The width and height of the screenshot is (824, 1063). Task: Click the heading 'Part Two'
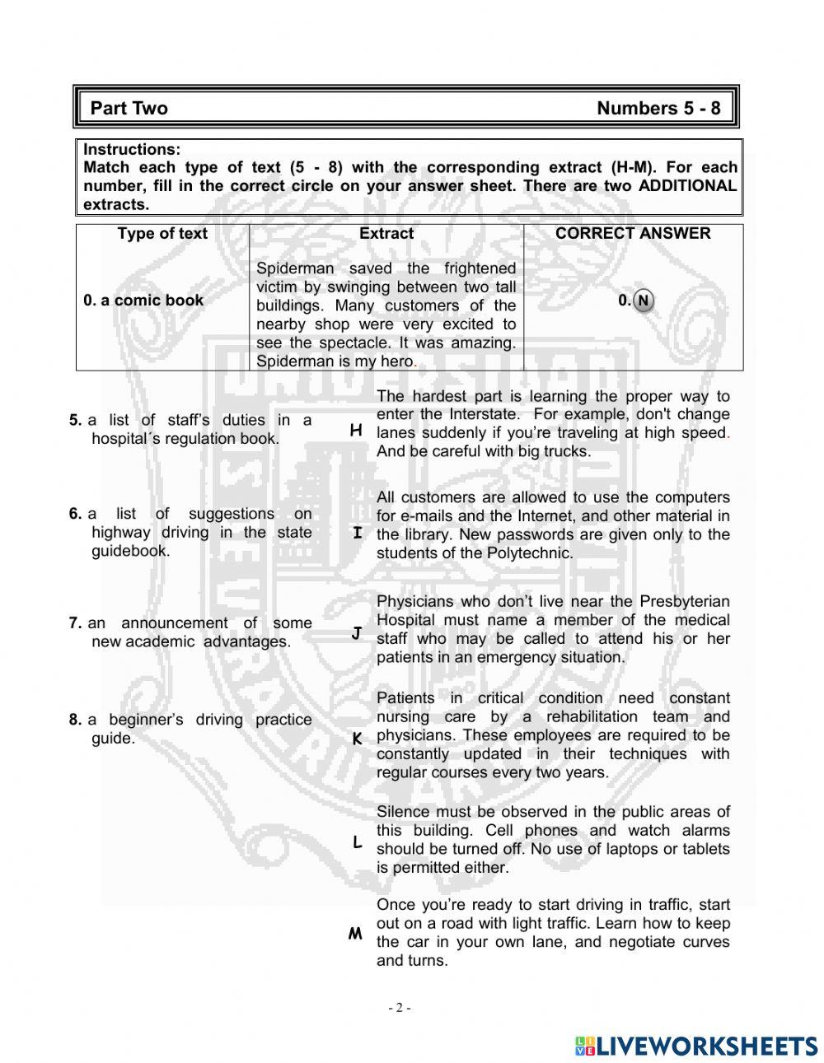click(129, 109)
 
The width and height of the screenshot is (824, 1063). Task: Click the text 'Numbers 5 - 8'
click(658, 109)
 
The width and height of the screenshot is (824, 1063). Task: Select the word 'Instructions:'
click(131, 150)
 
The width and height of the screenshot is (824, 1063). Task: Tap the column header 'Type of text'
click(162, 234)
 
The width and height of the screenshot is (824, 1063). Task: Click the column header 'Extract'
click(386, 234)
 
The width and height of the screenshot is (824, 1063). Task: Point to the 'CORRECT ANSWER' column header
click(632, 234)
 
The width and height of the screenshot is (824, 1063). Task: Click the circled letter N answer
click(644, 301)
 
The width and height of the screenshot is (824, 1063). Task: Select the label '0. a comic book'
click(143, 301)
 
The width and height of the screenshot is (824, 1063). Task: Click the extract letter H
click(356, 431)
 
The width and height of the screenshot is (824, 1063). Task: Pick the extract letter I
click(357, 534)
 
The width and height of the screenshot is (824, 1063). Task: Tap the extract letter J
click(357, 633)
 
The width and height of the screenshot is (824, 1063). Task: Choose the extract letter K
click(357, 739)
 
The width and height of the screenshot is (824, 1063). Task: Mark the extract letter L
click(357, 842)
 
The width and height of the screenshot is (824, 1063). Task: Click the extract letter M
click(355, 934)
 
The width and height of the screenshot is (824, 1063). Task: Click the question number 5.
click(75, 421)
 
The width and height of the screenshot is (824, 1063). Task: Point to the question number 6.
click(75, 515)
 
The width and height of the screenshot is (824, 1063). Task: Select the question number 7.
click(75, 624)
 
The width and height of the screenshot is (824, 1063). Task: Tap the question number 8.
click(75, 720)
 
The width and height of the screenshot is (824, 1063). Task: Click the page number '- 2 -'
click(400, 1008)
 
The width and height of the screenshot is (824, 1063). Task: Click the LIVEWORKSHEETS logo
click(696, 1046)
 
